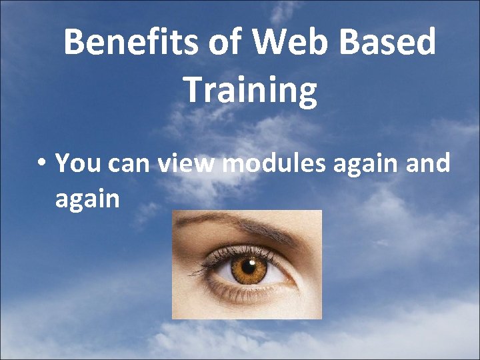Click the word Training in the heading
pos(250,91)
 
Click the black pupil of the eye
pos(249,269)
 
